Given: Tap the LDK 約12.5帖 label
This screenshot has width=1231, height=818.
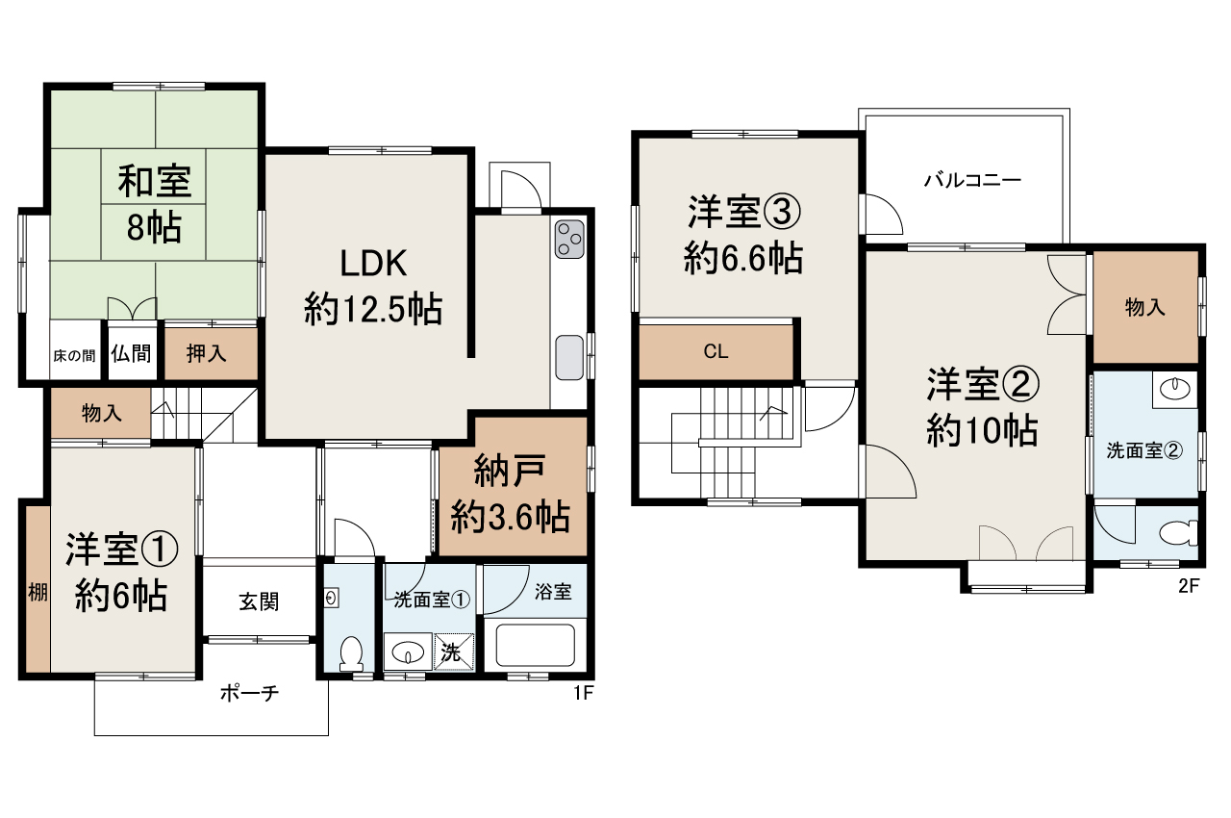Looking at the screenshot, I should (373, 286).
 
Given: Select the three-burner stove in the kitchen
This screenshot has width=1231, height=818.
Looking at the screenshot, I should (568, 240).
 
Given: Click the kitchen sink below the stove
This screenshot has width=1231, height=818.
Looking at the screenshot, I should (568, 358).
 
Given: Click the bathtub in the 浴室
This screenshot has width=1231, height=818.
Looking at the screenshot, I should (535, 646).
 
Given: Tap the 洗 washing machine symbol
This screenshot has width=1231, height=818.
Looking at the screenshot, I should (452, 652).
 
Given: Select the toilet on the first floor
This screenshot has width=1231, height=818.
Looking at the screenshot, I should (351, 653).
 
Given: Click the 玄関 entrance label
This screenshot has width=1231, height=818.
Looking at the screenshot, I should (259, 602).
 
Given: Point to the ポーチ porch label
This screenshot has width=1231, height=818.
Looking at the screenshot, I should (249, 692).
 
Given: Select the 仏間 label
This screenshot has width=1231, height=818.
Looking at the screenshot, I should (130, 353).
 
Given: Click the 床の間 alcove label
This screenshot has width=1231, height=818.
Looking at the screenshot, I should (74, 355).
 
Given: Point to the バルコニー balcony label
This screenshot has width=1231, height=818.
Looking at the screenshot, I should (971, 180).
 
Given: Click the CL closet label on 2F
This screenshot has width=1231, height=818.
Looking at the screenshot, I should (716, 351).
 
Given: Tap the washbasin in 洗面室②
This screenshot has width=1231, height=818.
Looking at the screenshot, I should (1174, 389).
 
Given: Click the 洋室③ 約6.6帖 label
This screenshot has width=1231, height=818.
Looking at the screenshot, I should (743, 236).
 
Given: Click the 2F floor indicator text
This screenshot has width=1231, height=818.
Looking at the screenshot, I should (1189, 586).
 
